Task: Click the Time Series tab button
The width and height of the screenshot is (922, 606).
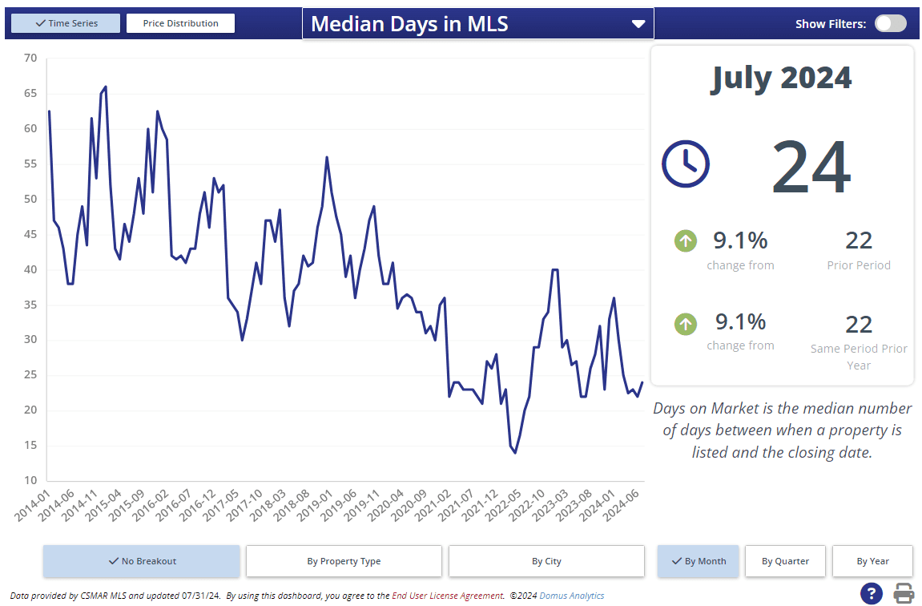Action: [x=66, y=23]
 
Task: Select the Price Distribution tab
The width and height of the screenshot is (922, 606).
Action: [x=180, y=23]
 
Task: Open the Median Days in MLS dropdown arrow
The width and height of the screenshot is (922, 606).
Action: [x=638, y=24]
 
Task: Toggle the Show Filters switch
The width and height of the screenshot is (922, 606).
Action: [x=890, y=23]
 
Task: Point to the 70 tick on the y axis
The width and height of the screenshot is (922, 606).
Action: [x=30, y=58]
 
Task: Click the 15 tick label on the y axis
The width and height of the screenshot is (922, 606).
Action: [x=30, y=446]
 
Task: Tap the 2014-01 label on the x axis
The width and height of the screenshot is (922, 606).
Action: [x=32, y=506]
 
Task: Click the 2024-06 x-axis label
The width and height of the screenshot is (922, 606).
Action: [x=622, y=506]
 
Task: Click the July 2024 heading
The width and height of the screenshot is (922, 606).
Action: [x=781, y=78]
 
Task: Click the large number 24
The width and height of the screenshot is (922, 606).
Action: [x=811, y=168]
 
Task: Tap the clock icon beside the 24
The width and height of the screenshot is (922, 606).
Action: [x=685, y=164]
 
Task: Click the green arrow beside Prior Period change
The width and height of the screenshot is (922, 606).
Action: [x=686, y=240]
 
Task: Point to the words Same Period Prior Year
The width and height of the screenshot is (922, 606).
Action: [x=859, y=357]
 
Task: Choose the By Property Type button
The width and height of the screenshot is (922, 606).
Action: [x=344, y=561]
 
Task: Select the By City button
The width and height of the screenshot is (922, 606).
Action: [x=546, y=561]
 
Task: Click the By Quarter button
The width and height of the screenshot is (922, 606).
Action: [x=785, y=561]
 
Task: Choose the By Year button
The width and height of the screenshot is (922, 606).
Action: [x=872, y=561]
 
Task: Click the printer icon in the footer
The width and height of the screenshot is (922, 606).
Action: [x=904, y=594]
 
